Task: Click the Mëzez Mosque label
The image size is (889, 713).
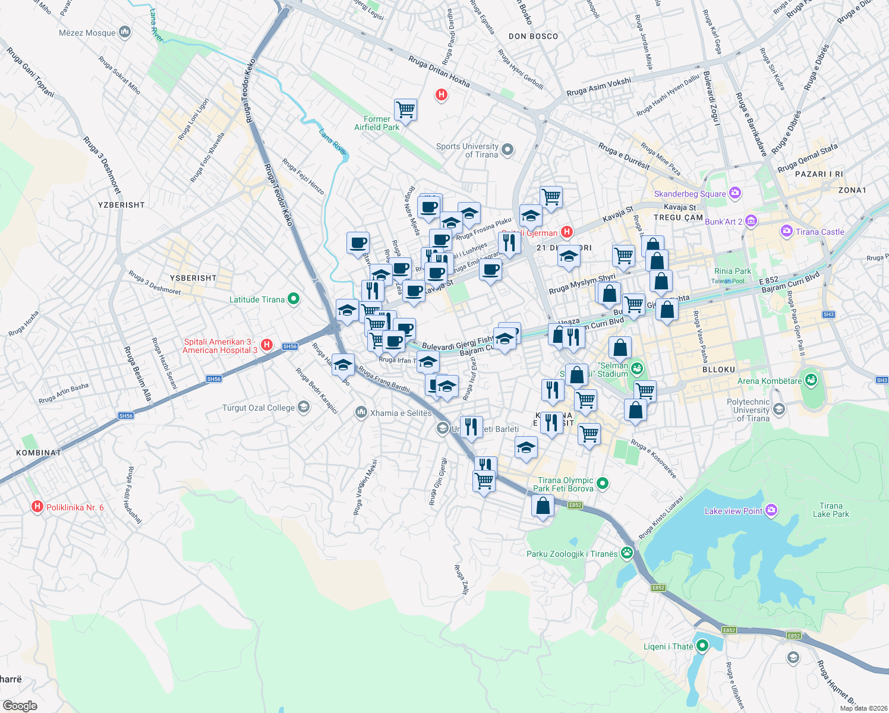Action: point(87,33)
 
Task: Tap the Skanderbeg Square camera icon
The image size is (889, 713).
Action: point(736,193)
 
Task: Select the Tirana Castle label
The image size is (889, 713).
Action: point(819,232)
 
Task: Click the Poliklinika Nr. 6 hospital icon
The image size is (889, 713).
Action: point(37,507)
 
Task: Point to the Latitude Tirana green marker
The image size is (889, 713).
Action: point(294,299)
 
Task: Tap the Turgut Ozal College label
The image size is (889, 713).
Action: point(258,408)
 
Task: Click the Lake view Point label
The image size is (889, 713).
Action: point(733,511)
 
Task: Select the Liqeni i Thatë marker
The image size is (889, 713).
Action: point(702,646)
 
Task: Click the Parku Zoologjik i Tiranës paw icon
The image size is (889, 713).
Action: point(627,553)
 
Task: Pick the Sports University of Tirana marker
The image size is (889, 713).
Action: point(507,150)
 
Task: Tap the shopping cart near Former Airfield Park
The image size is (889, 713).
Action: point(405,109)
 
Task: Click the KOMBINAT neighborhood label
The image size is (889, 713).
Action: point(39,452)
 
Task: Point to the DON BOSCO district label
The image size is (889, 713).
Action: point(533,36)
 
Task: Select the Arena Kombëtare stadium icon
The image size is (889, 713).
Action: point(812,380)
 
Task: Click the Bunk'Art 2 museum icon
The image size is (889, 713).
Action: point(751,222)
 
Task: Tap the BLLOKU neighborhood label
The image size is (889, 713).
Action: point(718,370)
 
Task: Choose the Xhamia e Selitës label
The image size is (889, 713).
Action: point(401,413)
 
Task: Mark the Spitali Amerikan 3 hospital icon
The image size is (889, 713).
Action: point(267,345)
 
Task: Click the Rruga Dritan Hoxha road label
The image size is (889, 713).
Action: point(439,71)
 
